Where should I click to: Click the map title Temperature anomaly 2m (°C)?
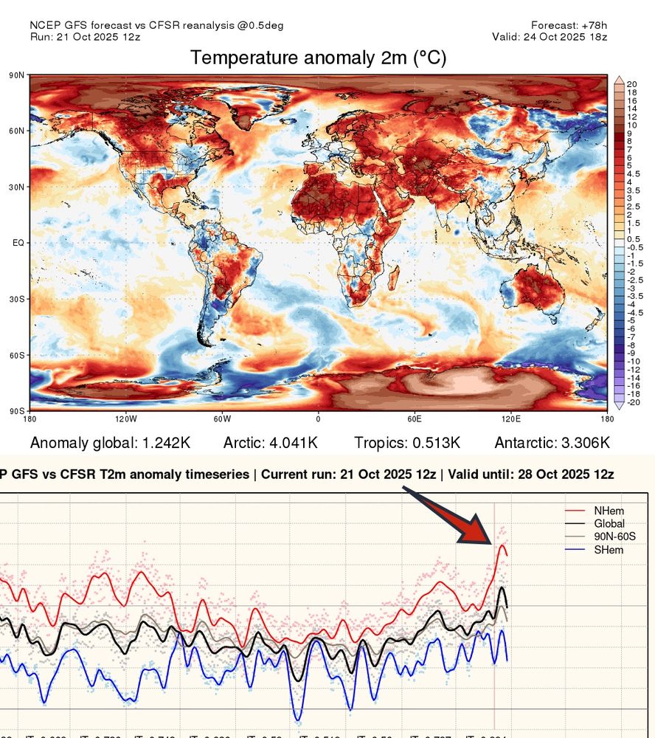pyautogui.click(x=318, y=58)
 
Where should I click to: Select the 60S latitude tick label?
pyautogui.click(x=18, y=355)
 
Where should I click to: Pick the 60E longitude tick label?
pyautogui.click(x=414, y=419)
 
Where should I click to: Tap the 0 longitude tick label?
pyautogui.click(x=318, y=419)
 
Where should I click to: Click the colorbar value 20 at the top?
pyautogui.click(x=631, y=83)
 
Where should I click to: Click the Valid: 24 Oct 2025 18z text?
pyautogui.click(x=550, y=36)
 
